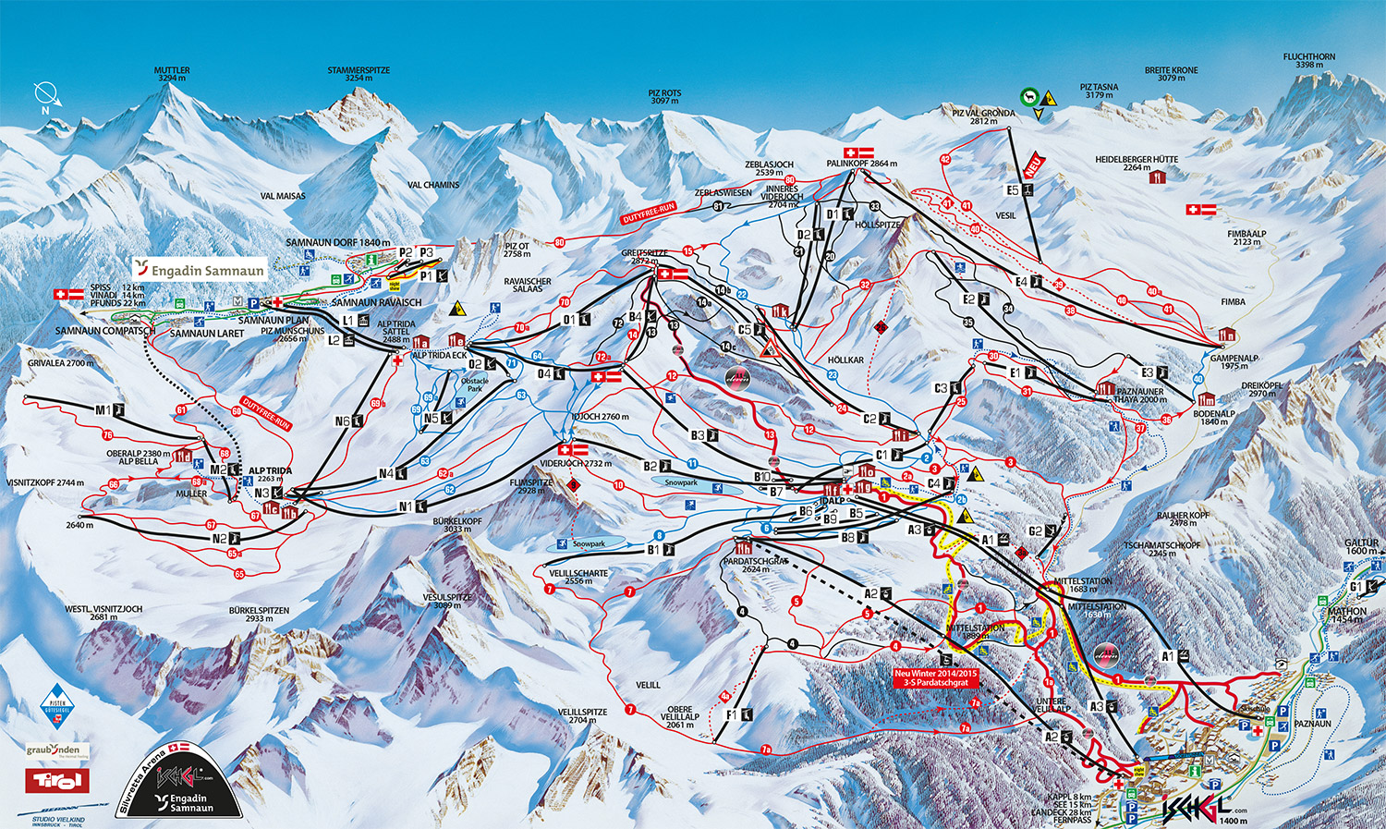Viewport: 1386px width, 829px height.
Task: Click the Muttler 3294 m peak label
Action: click(x=172, y=74)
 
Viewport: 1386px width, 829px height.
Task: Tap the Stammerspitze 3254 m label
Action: click(x=359, y=74)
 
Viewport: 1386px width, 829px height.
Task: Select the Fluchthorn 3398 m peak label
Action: click(x=1308, y=61)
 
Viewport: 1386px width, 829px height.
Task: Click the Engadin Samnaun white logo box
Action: click(x=200, y=269)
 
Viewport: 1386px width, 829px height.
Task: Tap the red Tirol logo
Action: click(x=57, y=781)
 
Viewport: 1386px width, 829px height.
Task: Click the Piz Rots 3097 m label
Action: click(x=664, y=96)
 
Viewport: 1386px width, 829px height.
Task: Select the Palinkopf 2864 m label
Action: click(x=861, y=164)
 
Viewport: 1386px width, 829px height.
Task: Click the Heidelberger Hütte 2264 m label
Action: click(x=1137, y=163)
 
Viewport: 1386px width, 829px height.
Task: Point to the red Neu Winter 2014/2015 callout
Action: click(x=935, y=677)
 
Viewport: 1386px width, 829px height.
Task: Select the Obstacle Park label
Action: click(x=474, y=384)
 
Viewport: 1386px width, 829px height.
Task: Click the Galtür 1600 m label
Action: click(x=1361, y=547)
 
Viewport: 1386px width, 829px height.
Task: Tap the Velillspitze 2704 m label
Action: click(x=582, y=715)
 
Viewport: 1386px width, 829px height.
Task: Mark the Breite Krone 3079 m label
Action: click(x=1171, y=74)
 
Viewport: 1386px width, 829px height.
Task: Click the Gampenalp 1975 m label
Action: click(x=1234, y=361)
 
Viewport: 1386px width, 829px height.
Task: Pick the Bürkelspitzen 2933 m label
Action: click(x=259, y=615)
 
